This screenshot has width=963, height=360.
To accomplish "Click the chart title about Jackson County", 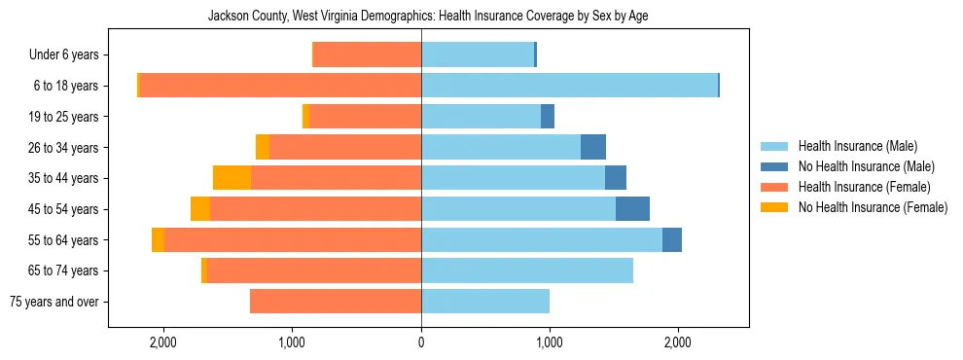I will click(428, 17).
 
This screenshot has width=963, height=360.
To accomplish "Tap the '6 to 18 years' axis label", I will click(65, 86).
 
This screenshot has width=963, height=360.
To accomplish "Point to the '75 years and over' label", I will click(53, 302).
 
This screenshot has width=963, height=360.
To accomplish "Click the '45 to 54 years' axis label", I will click(62, 209).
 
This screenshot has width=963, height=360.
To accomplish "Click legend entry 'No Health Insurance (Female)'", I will click(873, 207).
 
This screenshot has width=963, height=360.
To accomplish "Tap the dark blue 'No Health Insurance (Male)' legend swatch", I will click(774, 166).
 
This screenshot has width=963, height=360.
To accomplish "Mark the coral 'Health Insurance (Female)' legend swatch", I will click(774, 187).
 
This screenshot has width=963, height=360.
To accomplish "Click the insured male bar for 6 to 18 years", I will click(569, 86).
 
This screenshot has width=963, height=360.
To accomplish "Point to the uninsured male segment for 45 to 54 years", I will click(632, 209).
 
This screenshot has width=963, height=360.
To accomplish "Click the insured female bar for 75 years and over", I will click(336, 302).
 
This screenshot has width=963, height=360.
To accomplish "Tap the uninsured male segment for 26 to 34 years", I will click(593, 147).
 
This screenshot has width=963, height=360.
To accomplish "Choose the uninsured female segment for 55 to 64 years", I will click(158, 239).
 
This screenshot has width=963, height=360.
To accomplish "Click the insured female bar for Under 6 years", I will click(367, 54).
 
